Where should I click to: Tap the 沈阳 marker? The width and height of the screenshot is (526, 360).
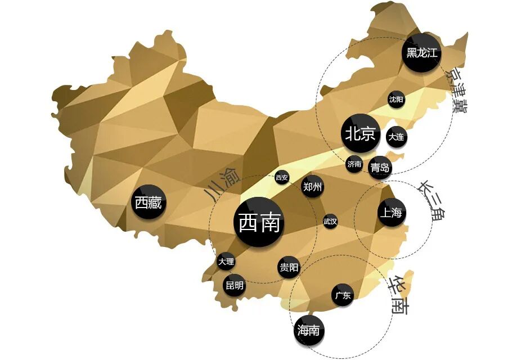click(396, 100)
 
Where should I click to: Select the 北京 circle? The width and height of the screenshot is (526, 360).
click(360, 134)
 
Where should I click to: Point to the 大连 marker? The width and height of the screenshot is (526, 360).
click(396, 136)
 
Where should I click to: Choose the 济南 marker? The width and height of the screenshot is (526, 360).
click(354, 164)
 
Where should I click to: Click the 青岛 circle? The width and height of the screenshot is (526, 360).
click(380, 167)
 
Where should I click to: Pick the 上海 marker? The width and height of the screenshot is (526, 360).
click(391, 213)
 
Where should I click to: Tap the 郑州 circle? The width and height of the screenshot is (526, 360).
click(312, 187)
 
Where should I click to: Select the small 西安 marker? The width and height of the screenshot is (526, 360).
click(282, 178)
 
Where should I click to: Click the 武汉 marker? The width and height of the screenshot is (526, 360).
click(330, 222)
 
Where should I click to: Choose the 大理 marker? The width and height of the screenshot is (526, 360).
click(226, 262)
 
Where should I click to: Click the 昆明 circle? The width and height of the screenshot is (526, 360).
click(235, 286)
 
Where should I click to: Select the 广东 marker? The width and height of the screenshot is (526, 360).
click(343, 295)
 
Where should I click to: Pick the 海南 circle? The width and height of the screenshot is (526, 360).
click(309, 330)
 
